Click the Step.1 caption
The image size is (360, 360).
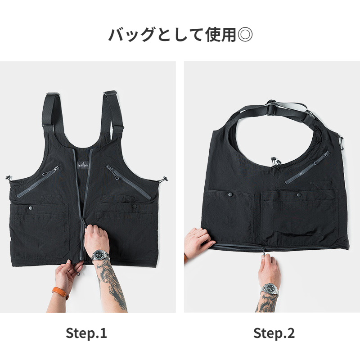coord(86,333)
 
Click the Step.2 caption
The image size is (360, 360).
coord(274,333)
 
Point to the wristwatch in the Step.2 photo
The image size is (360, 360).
coord(270,288)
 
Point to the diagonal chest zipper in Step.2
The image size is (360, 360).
coord(307,168)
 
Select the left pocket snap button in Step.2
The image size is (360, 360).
coord(230,194)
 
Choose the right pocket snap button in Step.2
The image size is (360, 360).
coord(299,194)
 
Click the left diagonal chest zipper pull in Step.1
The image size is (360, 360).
coord(56,169)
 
